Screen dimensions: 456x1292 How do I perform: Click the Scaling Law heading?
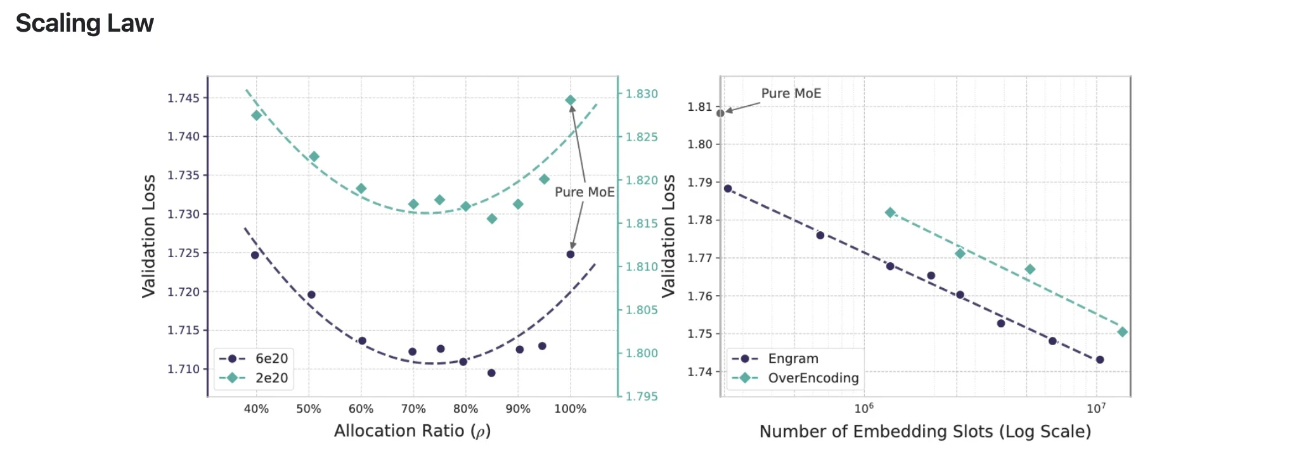(x=84, y=23)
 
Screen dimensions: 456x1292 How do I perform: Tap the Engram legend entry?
(x=792, y=358)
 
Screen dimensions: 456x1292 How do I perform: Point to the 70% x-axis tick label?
(x=413, y=409)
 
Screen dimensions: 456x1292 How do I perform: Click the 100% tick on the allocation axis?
(x=570, y=409)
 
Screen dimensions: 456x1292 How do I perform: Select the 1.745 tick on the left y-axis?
(x=183, y=98)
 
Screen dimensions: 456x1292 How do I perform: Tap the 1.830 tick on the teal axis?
(x=642, y=94)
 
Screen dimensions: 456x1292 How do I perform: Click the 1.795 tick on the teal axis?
(x=642, y=396)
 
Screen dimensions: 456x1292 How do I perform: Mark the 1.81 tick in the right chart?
(x=700, y=107)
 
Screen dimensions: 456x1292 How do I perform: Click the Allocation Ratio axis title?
(x=412, y=431)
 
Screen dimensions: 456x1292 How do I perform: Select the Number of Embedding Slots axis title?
(x=925, y=432)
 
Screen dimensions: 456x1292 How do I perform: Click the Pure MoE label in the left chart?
(x=585, y=192)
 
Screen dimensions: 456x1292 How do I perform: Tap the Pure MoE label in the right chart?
(x=791, y=93)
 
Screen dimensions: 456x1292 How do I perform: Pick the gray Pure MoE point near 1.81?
(x=721, y=113)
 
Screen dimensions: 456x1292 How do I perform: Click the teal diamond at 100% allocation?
(x=570, y=100)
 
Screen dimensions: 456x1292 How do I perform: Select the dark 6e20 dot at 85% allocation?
(x=491, y=373)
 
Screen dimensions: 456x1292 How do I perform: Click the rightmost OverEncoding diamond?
(x=1122, y=332)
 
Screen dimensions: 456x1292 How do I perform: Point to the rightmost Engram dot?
(x=1100, y=360)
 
